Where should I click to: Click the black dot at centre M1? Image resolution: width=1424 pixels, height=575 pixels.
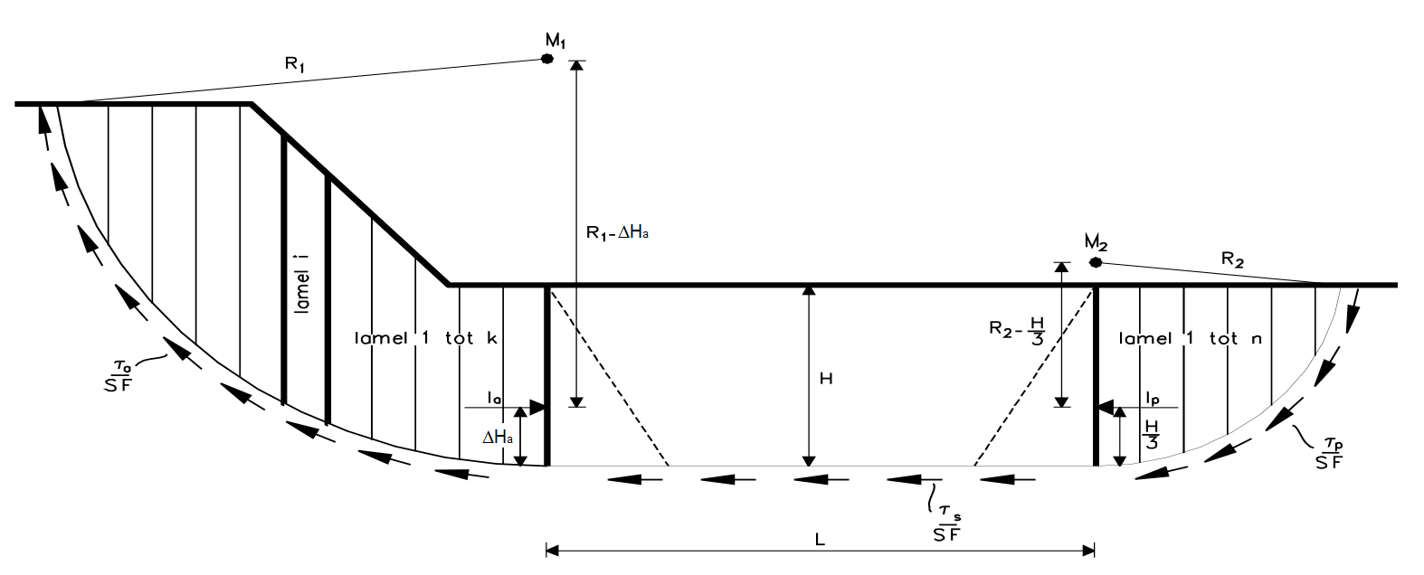point(547,59)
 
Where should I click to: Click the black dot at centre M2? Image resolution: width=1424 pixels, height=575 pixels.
point(1096,262)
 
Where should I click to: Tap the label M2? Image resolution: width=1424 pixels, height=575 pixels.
point(1096,242)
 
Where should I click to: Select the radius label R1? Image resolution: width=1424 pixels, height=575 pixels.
point(294,63)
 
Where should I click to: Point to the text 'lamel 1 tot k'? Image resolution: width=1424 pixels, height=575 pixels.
point(427,338)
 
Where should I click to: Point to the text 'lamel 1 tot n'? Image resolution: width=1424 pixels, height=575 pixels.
point(1191,339)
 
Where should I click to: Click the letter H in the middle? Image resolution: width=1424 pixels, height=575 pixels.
point(825,380)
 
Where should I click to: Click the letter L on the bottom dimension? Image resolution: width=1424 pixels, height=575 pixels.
point(820,539)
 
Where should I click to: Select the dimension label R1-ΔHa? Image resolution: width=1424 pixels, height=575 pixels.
point(615,232)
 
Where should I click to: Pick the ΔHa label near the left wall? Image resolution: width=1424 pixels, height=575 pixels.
point(498,438)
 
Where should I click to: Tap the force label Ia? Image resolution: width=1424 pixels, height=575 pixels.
point(494,397)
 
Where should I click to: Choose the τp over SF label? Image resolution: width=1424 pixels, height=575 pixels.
point(1330,451)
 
